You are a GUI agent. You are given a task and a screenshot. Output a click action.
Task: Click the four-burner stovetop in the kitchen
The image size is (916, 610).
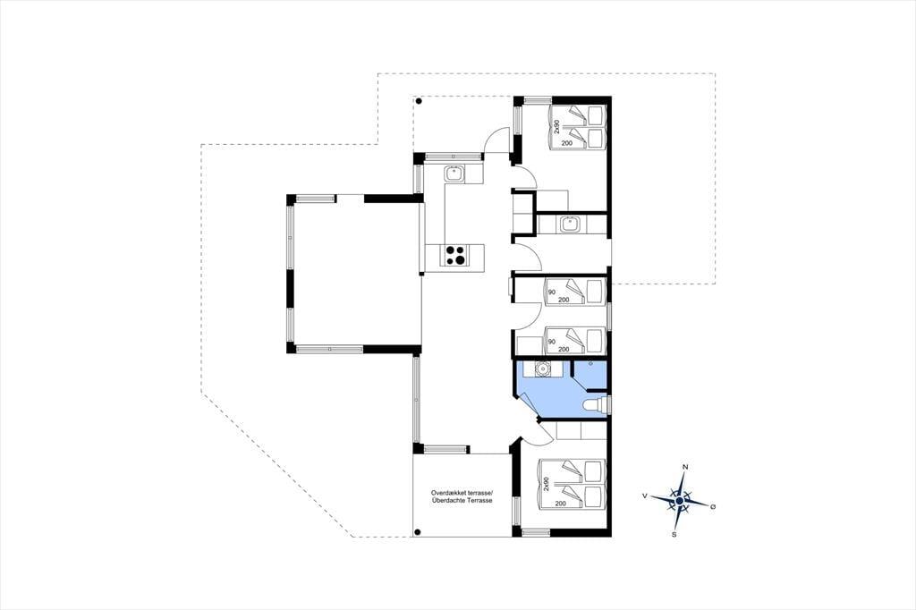point(455,255)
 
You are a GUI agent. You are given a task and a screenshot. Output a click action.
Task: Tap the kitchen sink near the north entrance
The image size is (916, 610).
point(454,174)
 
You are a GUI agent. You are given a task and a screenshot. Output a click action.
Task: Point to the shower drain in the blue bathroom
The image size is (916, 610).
point(591,364)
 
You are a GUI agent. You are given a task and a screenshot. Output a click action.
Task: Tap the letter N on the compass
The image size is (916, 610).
point(685,467)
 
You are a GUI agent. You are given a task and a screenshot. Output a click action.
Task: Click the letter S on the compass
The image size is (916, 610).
point(674,534)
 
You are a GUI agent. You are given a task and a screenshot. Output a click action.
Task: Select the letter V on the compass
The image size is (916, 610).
point(644,496)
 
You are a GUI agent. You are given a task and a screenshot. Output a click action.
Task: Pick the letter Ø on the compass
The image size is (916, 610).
point(713,506)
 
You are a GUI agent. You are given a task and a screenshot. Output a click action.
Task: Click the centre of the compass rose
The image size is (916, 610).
point(680,501)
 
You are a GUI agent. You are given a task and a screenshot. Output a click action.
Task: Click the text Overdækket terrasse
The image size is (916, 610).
point(462,493)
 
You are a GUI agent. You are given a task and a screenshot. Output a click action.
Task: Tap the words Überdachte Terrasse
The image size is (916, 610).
point(462,501)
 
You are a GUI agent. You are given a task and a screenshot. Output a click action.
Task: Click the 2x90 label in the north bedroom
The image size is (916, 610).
point(556,126)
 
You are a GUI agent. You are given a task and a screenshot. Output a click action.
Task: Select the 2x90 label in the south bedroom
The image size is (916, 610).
point(547,485)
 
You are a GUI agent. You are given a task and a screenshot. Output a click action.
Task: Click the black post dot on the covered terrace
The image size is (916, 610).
point(417,531)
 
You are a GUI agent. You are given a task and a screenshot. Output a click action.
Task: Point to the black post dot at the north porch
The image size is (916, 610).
point(419,101)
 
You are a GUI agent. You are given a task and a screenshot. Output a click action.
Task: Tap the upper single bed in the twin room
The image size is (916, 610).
point(574,291)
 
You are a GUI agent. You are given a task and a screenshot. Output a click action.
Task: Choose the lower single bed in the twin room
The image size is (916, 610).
point(574,341)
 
